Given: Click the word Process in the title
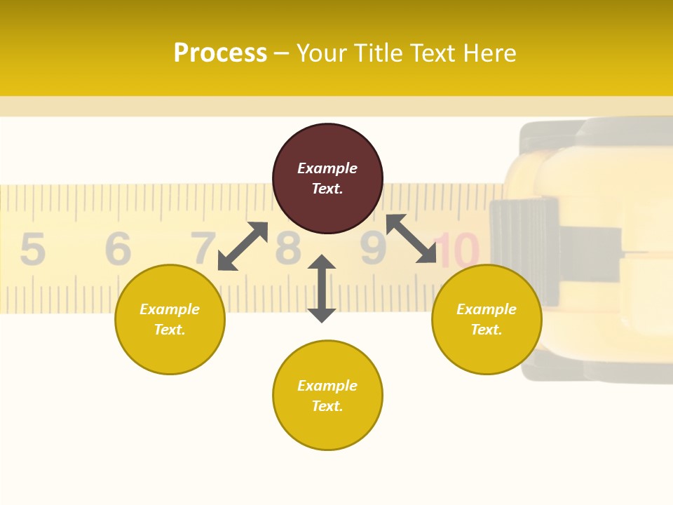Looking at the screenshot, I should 220,53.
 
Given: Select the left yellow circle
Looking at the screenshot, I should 170,319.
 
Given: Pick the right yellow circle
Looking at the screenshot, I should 487,319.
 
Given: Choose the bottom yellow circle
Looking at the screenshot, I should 327,396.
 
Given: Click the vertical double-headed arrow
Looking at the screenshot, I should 322,288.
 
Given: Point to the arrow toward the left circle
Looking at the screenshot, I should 243,246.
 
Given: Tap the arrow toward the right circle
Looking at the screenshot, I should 412,238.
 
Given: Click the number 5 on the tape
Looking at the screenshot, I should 32,249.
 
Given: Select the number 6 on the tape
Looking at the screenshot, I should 118,249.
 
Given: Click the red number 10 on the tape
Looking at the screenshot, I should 460,250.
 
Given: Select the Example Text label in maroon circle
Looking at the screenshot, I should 327,178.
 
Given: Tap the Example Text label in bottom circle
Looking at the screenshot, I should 327,396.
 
